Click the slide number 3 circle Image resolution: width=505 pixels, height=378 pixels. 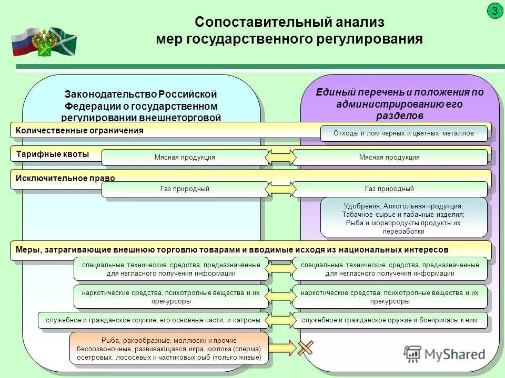pyautogui.click(x=494, y=10)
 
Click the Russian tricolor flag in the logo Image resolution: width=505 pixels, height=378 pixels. pyautogui.click(x=22, y=42)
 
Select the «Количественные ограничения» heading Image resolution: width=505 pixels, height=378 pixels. pyautogui.click(x=79, y=131)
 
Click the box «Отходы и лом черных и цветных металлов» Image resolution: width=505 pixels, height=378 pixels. pyautogui.click(x=403, y=133)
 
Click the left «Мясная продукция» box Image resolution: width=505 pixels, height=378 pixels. pyautogui.click(x=185, y=157)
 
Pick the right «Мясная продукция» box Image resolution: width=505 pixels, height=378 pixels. pyautogui.click(x=389, y=157)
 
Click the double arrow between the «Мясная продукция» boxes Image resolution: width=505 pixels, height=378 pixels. pyautogui.click(x=280, y=157)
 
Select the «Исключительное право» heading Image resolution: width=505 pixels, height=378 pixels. pyautogui.click(x=65, y=178)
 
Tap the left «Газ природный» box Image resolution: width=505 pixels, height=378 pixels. pyautogui.click(x=185, y=189)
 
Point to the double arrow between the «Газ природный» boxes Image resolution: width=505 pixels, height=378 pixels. pyautogui.click(x=280, y=189)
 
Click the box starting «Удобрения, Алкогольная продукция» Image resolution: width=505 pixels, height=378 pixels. pyautogui.click(x=403, y=216)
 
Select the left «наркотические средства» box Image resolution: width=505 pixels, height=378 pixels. pyautogui.click(x=171, y=297)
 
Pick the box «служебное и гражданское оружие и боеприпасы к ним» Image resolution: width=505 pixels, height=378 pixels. pyautogui.click(x=389, y=320)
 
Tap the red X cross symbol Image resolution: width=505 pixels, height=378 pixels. pyautogui.click(x=306, y=347)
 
